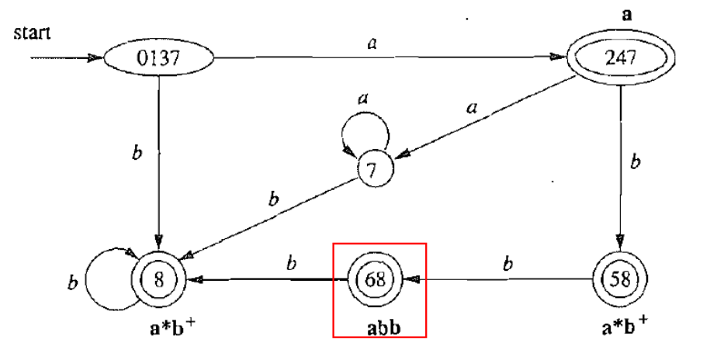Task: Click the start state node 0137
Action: (x=159, y=59)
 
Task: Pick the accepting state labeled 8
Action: (x=159, y=277)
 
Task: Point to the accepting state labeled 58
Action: (x=618, y=277)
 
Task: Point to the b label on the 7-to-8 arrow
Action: (x=272, y=200)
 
